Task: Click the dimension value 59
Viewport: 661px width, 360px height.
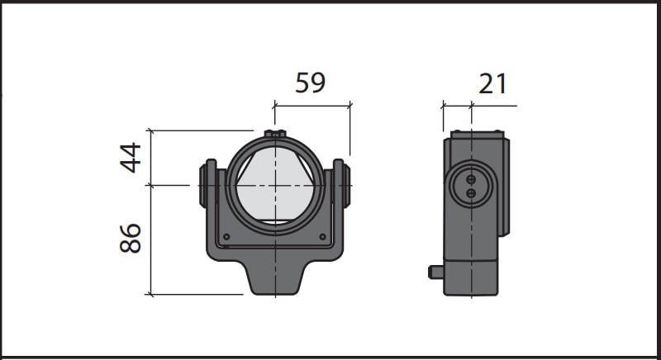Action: click(310, 83)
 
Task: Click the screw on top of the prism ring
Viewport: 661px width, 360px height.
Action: click(274, 134)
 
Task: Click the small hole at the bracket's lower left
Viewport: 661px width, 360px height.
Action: click(226, 237)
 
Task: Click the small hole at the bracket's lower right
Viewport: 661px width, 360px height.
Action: click(323, 237)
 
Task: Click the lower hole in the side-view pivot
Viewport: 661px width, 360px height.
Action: click(471, 192)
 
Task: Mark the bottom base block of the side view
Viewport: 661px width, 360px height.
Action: click(470, 277)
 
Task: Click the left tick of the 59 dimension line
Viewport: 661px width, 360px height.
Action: click(274, 105)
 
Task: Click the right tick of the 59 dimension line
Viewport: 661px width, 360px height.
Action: click(350, 105)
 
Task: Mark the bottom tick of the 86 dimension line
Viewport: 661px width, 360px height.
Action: click(150, 293)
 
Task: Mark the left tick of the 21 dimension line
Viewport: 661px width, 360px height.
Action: click(444, 106)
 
